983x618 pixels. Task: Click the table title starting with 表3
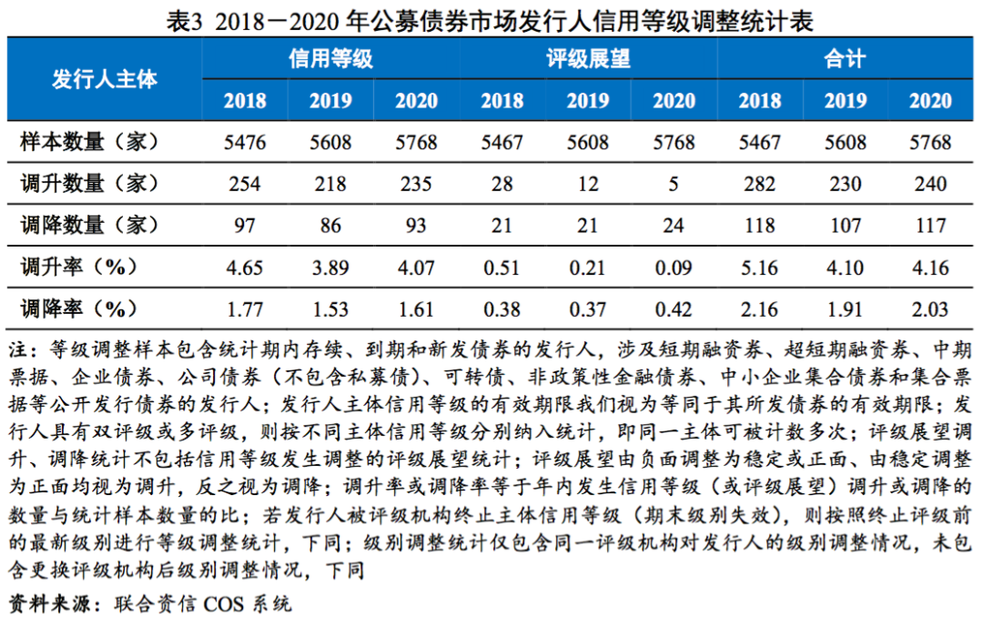click(491, 20)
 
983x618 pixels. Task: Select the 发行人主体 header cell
click(105, 79)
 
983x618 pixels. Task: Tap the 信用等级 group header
click(330, 60)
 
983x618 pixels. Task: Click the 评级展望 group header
click(588, 60)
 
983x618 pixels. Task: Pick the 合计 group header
click(845, 60)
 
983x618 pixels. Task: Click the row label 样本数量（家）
click(90, 142)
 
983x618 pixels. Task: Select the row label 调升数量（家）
click(90, 184)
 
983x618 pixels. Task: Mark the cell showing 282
click(759, 184)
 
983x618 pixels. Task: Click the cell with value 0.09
click(674, 268)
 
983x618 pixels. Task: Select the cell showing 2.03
click(930, 309)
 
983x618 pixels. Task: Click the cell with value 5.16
click(759, 268)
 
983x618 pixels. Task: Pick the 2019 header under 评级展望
click(588, 101)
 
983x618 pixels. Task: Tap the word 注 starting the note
click(17, 350)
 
